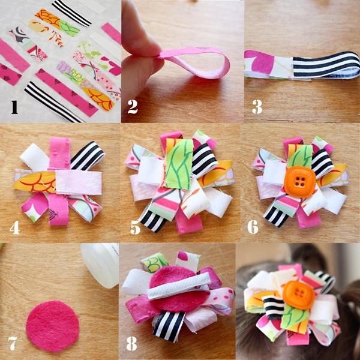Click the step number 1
[14, 107]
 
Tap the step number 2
[133, 107]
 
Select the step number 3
[257, 107]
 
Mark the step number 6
[253, 227]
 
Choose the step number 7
[13, 343]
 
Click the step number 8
[131, 343]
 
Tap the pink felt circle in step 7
[53, 326]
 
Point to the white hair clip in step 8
[179, 286]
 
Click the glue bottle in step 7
[100, 265]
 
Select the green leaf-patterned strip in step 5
[179, 164]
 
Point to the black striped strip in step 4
[88, 155]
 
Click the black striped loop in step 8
[169, 326]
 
